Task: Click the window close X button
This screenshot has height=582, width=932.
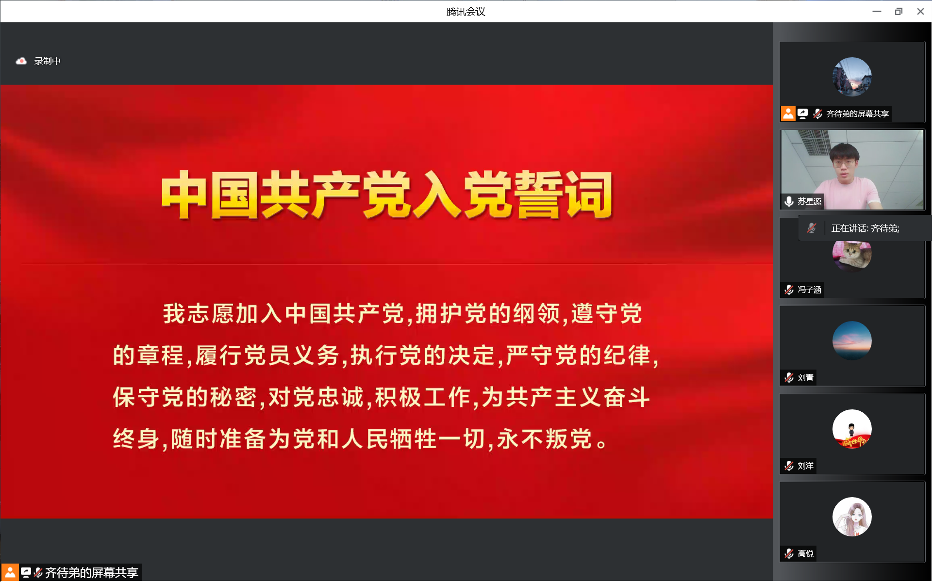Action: (920, 12)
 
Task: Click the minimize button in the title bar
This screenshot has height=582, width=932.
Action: (877, 12)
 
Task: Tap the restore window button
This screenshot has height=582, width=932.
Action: (899, 12)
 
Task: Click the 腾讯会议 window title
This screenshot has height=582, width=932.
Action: (466, 12)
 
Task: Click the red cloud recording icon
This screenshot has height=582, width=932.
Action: (21, 61)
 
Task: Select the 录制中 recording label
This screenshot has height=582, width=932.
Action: (48, 61)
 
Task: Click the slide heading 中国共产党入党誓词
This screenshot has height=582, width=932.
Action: (387, 195)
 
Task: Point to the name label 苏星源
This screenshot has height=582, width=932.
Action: (809, 201)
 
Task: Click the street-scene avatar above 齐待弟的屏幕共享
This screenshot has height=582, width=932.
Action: (852, 77)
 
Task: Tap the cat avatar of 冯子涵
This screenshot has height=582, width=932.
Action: (852, 255)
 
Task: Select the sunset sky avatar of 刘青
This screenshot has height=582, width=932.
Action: (852, 340)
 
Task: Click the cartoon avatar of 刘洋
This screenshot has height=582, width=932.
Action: (852, 429)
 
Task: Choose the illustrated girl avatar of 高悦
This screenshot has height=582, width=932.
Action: (852, 517)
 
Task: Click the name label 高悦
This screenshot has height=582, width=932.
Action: (805, 553)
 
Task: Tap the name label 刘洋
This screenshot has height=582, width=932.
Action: (805, 466)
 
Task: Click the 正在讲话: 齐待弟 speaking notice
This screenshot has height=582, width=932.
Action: (865, 228)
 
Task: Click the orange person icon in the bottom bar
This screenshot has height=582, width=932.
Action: (10, 573)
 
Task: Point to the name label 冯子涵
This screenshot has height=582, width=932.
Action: (809, 290)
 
